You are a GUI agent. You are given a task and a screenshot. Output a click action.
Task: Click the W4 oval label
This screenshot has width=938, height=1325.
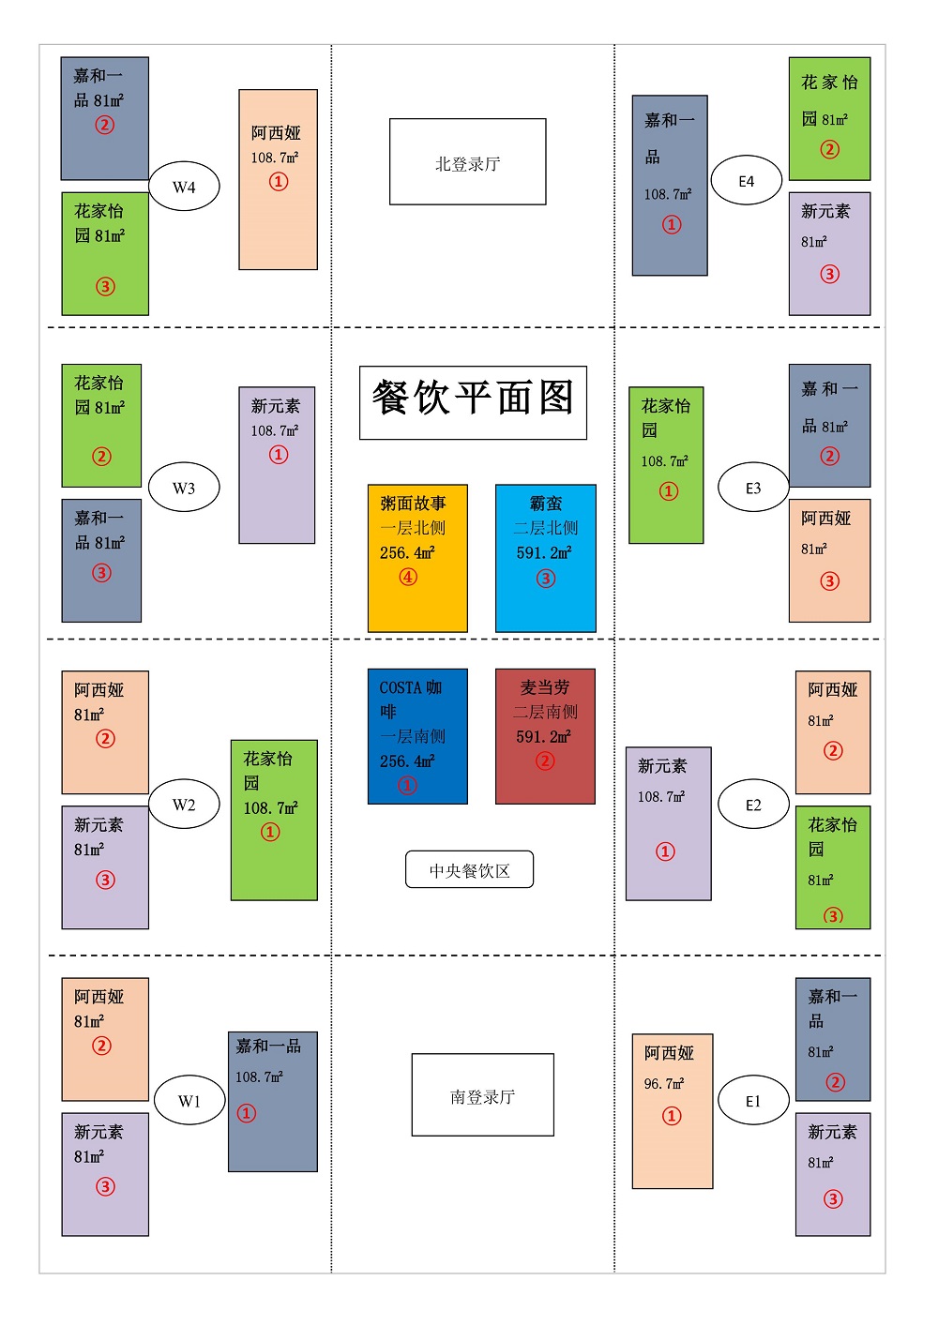[x=184, y=187]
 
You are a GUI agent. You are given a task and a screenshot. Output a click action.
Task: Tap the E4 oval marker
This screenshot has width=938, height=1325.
[x=746, y=180]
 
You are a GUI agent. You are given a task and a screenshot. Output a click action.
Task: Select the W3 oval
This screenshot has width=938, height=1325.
[x=184, y=488]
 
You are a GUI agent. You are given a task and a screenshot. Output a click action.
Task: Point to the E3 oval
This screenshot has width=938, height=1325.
[x=753, y=488]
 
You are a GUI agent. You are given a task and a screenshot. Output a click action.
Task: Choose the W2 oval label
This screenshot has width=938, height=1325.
[x=184, y=804]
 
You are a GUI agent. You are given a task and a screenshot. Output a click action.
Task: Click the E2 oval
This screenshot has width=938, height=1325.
[x=753, y=804]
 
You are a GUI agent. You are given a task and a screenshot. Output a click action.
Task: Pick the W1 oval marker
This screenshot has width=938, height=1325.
[x=189, y=1100]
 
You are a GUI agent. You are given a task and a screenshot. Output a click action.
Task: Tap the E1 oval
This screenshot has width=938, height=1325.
[x=753, y=1100]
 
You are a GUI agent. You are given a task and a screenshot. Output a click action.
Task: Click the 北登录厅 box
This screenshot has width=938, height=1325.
[x=467, y=162]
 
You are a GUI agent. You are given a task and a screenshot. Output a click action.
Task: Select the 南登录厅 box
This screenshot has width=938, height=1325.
[x=482, y=1095]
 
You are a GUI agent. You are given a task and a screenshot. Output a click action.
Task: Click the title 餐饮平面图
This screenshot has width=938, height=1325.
[x=473, y=403]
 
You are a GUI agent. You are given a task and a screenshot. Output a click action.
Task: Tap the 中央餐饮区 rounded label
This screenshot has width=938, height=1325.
[x=469, y=869]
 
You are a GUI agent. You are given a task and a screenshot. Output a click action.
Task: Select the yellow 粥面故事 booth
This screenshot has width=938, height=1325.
[x=417, y=558]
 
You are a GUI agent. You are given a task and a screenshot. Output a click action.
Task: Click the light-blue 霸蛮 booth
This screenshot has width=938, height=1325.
[x=546, y=558]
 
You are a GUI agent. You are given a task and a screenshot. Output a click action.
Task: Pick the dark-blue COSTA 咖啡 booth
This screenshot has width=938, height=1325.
[x=417, y=736]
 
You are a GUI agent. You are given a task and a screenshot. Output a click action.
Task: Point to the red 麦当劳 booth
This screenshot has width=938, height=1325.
[x=545, y=736]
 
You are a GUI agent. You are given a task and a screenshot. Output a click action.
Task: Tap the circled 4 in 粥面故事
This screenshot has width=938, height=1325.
[x=408, y=577]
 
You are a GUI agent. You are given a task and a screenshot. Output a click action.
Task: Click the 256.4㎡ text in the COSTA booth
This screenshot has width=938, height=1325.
[x=407, y=760]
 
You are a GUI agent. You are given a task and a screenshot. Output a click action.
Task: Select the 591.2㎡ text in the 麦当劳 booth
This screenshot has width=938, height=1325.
[x=543, y=736]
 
